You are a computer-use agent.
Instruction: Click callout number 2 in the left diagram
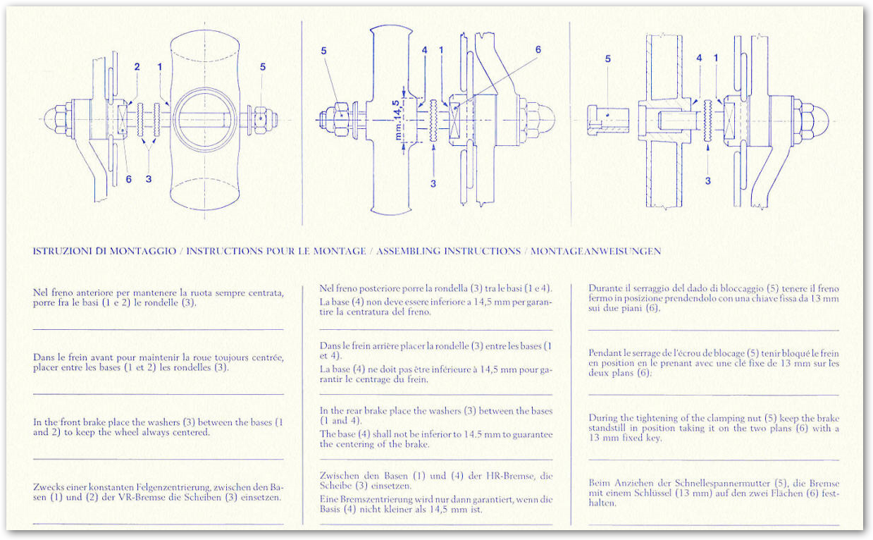(x=137, y=67)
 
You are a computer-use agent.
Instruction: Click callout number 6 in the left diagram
(x=128, y=180)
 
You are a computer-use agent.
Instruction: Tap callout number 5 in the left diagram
(x=263, y=67)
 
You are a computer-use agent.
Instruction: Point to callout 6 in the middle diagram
(x=538, y=50)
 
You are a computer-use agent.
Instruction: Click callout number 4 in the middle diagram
(x=424, y=50)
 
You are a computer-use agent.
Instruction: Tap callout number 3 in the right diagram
(x=707, y=180)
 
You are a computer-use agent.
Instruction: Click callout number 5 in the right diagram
(x=608, y=59)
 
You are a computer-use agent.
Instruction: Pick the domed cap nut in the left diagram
(x=56, y=118)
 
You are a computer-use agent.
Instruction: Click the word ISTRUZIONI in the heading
(x=61, y=251)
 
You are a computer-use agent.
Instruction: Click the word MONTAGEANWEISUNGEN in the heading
(x=595, y=251)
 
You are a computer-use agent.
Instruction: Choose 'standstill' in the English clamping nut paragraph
(x=610, y=428)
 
